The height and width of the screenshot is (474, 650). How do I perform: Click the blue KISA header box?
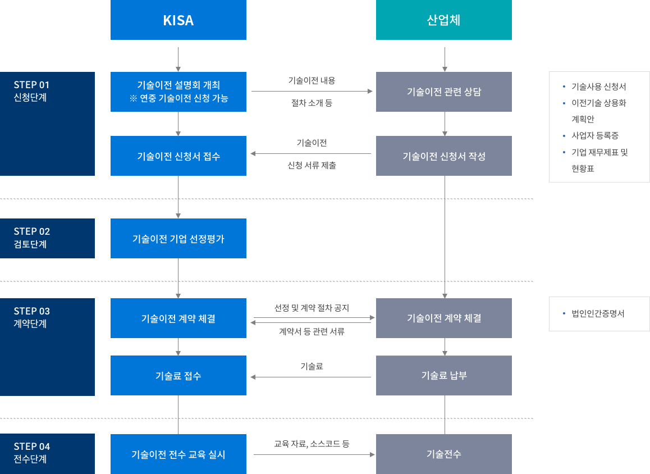pos(178,20)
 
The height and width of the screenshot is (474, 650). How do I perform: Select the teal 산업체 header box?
pos(443,20)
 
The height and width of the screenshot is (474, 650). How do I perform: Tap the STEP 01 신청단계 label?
pos(47,91)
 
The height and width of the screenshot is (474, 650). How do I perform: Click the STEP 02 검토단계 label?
pos(47,238)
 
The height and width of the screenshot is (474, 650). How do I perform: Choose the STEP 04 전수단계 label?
pos(47,453)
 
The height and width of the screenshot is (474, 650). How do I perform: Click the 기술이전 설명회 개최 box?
pos(178,92)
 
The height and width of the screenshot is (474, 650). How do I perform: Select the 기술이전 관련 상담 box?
pos(443,92)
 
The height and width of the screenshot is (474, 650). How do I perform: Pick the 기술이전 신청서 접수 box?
pos(178,156)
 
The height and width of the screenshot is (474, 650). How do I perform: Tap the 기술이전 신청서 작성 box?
pos(443,156)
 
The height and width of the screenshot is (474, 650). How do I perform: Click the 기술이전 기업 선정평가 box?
pos(178,238)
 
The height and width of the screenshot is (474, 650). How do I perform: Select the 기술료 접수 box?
pos(178,375)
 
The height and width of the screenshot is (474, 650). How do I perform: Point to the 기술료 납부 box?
pos(443,375)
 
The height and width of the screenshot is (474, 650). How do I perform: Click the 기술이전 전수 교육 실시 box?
pos(178,454)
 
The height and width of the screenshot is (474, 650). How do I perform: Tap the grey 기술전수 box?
pos(443,454)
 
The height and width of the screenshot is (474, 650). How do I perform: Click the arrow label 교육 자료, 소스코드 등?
pos(312,444)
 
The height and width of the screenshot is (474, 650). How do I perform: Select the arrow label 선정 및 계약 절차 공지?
pos(312,308)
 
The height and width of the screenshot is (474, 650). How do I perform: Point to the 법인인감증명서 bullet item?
pos(597,313)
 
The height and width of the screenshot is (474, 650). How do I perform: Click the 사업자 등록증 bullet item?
pos(594,135)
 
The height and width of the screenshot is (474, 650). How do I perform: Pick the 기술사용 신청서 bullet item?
pos(598,86)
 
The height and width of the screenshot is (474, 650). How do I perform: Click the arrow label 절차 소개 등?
pos(312,103)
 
